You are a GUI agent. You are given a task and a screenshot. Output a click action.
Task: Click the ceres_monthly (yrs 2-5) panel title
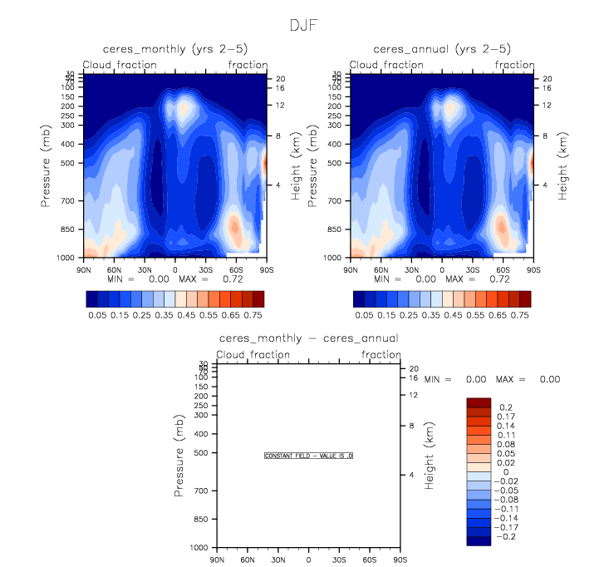[174, 49]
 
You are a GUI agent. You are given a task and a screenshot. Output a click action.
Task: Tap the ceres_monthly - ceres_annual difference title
[308, 338]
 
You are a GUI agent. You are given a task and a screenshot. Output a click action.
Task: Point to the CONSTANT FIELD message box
[309, 456]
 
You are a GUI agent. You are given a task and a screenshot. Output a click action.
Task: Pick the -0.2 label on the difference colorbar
[508, 538]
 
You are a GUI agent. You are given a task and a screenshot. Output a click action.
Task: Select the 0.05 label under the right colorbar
[364, 316]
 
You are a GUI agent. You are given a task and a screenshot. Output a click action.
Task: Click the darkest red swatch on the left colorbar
[258, 298]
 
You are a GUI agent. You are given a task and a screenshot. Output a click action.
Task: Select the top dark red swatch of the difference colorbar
[479, 403]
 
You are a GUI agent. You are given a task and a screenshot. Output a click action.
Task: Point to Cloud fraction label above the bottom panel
[253, 355]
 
